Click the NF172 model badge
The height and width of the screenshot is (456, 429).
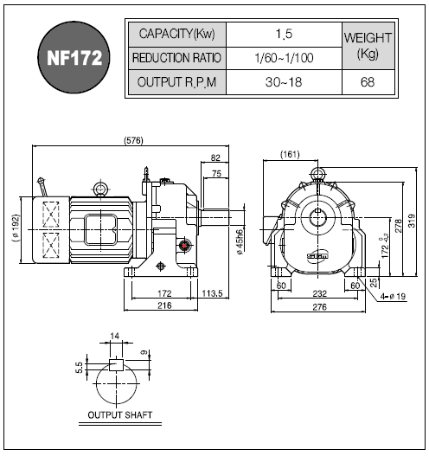point(74,57)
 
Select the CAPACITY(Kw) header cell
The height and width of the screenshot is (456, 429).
point(177,35)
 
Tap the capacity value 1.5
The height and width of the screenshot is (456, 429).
point(284,34)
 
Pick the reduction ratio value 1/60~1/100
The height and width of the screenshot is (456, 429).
point(284,58)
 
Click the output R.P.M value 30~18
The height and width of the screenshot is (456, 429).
point(284,82)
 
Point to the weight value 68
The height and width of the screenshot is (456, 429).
point(368,82)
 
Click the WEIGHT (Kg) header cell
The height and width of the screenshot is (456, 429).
point(368,46)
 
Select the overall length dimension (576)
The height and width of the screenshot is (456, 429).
point(134,140)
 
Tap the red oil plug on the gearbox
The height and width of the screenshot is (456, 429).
point(184,246)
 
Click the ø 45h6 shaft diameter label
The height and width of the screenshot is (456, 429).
point(240,242)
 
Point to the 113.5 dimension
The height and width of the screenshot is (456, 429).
point(212,293)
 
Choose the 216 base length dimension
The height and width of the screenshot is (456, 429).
point(164,305)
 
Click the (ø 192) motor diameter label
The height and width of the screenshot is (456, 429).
point(16,228)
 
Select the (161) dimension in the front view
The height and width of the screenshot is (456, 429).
point(290,154)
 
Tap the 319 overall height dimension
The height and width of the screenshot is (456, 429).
point(412,221)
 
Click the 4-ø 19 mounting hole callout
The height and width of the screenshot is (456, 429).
point(394,296)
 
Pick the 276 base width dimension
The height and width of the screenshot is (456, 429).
point(320,307)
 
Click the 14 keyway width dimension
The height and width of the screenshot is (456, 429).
point(115,336)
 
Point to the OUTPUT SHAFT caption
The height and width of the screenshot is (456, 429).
point(120,414)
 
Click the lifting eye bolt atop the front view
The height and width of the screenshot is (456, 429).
point(317,174)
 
